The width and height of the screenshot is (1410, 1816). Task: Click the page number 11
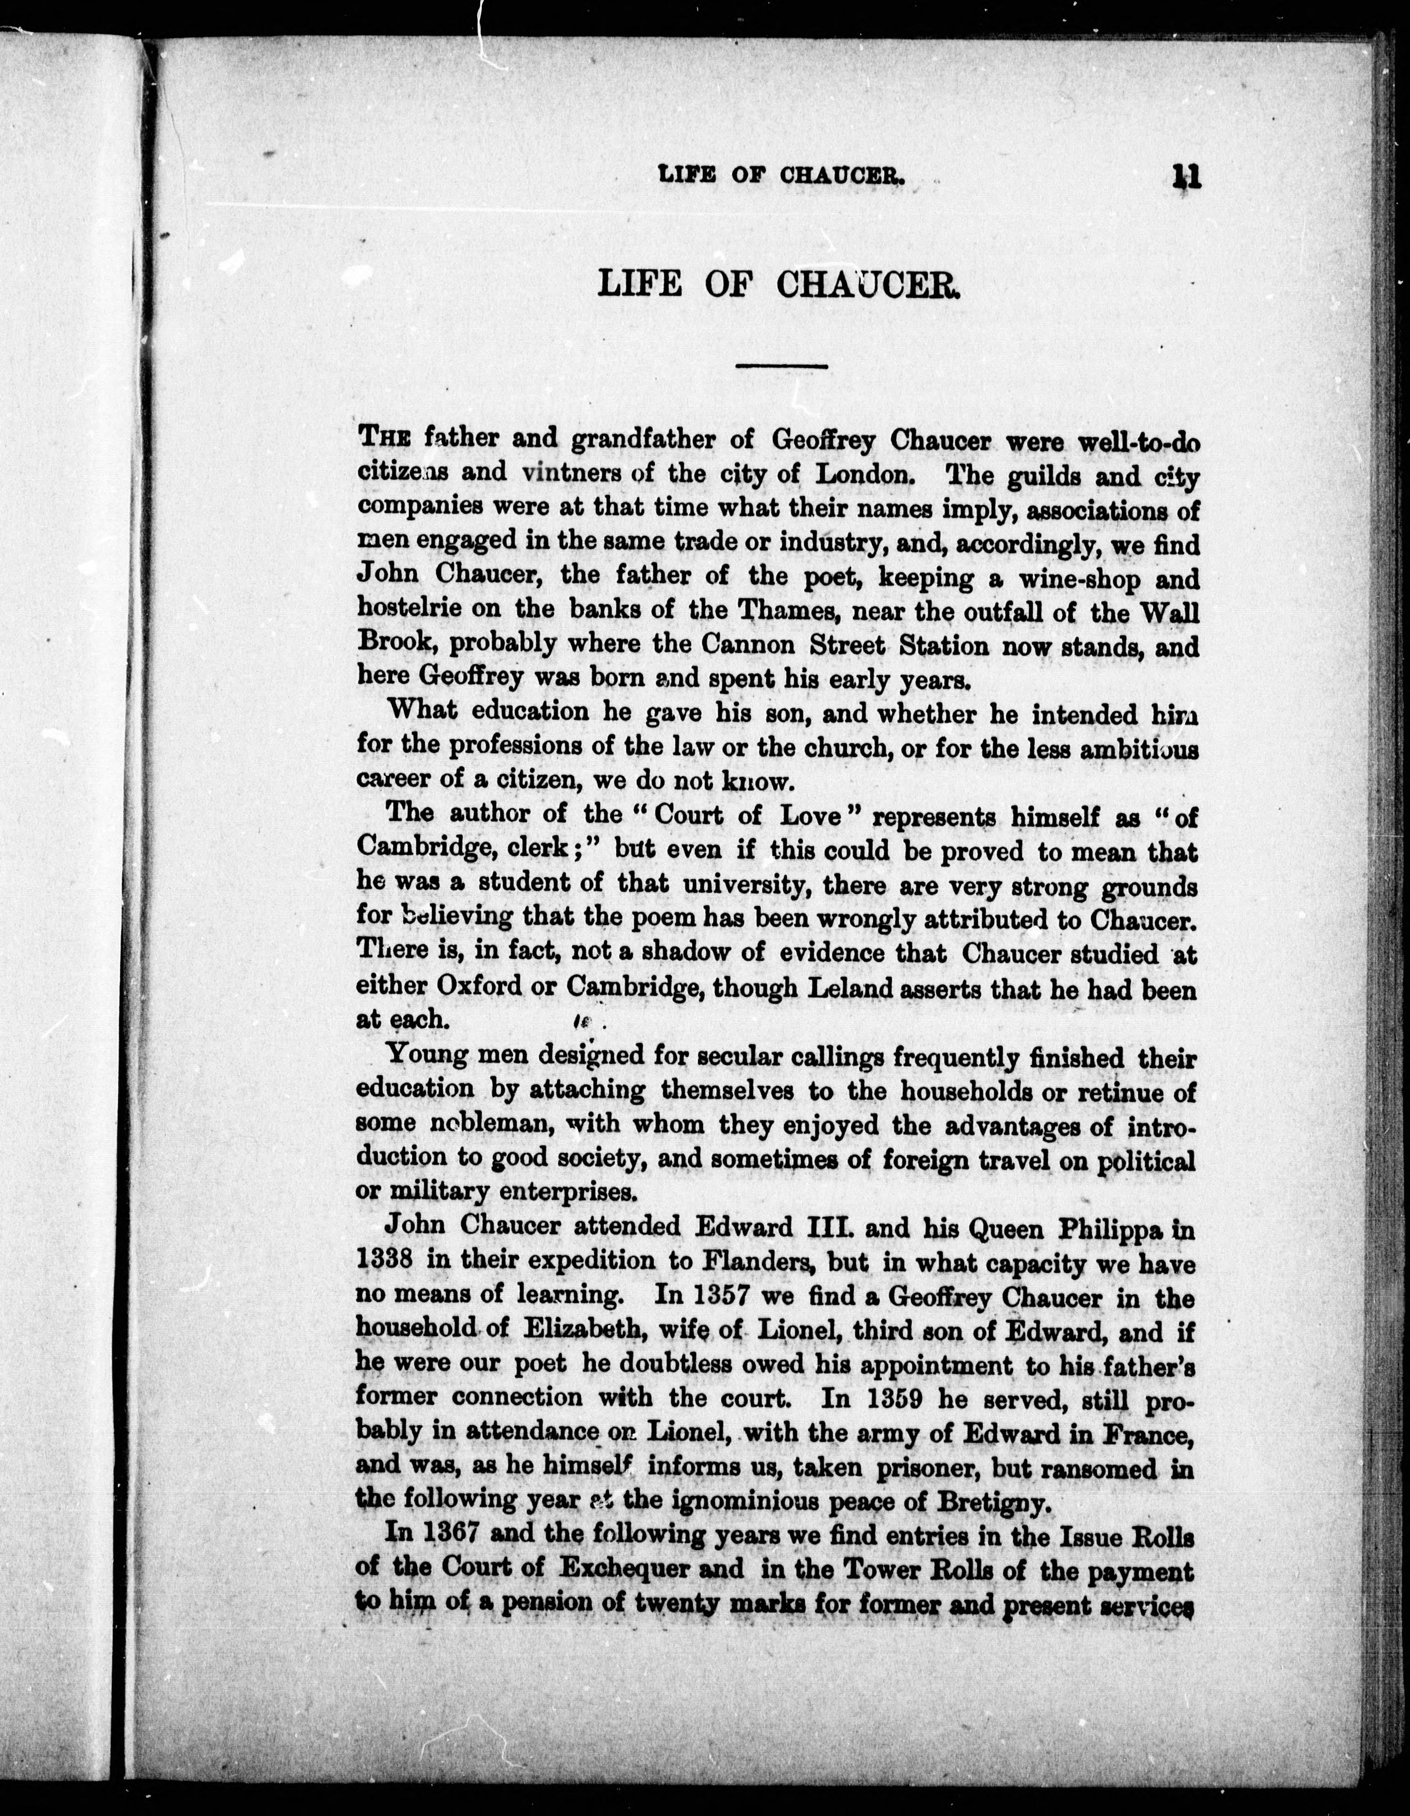click(1186, 178)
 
